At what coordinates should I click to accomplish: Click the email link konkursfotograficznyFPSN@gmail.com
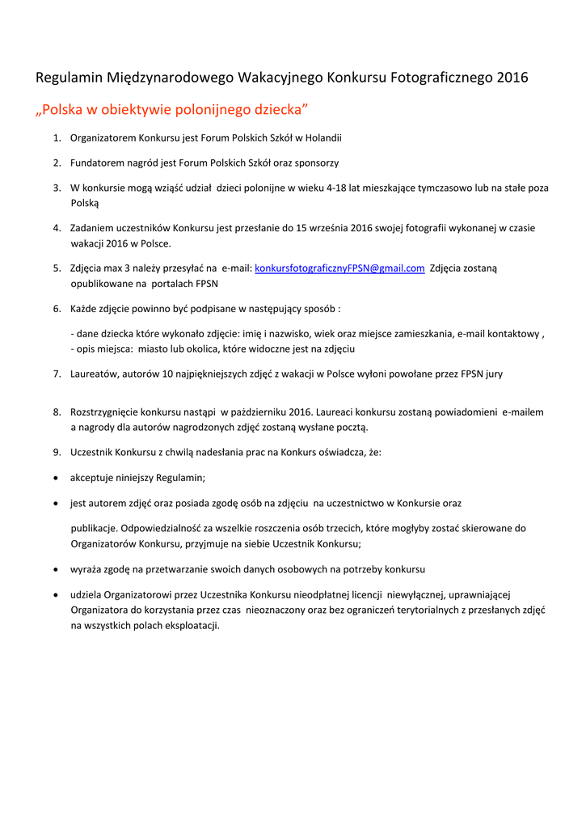tap(339, 268)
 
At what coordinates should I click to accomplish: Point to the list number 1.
tap(57, 138)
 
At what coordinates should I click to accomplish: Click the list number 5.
tap(57, 268)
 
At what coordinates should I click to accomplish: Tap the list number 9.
tap(57, 453)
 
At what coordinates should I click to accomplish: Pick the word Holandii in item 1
tap(323, 138)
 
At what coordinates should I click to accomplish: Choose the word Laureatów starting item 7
tap(95, 374)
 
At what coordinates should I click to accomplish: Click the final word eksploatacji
tap(188, 626)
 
